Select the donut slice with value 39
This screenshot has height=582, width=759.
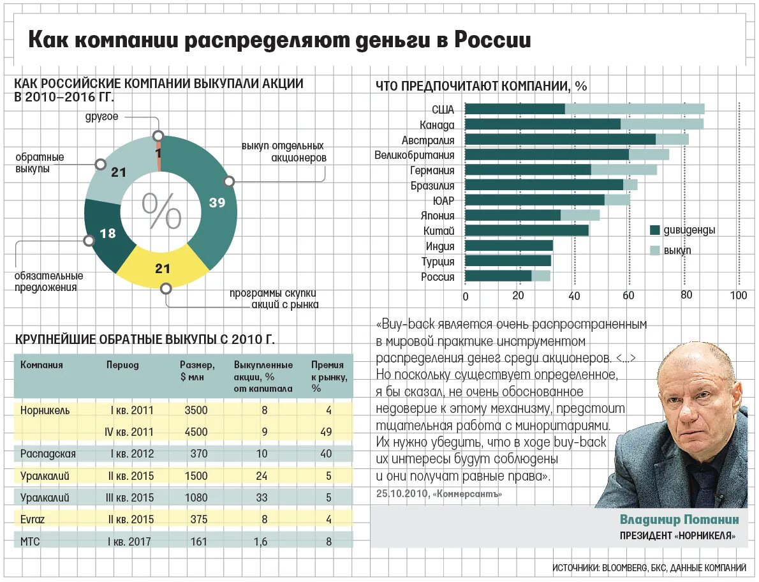click(x=217, y=203)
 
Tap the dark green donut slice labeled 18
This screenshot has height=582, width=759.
click(x=108, y=234)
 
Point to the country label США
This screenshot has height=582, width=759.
click(x=443, y=110)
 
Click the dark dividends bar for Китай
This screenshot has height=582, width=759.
click(x=527, y=230)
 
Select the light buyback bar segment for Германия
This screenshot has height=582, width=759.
click(x=624, y=170)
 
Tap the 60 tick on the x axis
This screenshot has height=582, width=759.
click(x=628, y=296)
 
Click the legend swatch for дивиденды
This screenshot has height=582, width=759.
click(x=654, y=230)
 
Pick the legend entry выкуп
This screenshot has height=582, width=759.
click(x=677, y=251)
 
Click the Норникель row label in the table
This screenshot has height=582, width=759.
click(x=45, y=410)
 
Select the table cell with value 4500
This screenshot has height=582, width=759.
click(x=196, y=432)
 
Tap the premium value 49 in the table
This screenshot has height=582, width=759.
click(x=326, y=432)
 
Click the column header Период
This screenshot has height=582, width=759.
click(x=122, y=366)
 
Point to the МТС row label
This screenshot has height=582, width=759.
click(x=30, y=542)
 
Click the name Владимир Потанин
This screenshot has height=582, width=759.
click(x=679, y=519)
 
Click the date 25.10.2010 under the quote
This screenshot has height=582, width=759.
click(x=402, y=494)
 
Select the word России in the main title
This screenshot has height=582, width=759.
click(x=492, y=41)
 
